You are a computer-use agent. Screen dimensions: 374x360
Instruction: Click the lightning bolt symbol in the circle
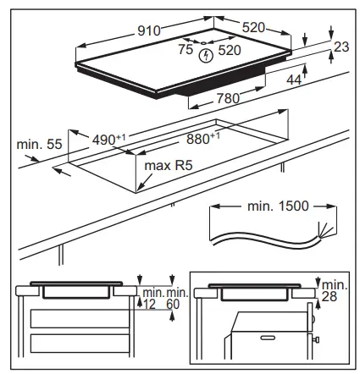click(x=206, y=56)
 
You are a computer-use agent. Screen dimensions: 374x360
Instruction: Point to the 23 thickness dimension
click(x=341, y=48)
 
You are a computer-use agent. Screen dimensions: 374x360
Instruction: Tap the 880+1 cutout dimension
click(x=203, y=138)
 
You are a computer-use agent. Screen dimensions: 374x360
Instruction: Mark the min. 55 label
click(x=35, y=146)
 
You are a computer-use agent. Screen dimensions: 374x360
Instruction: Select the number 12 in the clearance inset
click(x=150, y=304)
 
